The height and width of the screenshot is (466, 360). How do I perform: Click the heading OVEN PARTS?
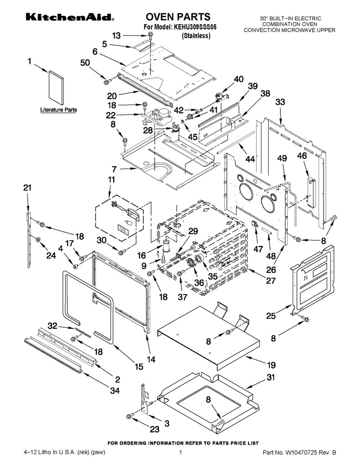pyautogui.click(x=178, y=17)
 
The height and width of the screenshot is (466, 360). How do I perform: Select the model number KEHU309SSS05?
pyautogui.click(x=193, y=27)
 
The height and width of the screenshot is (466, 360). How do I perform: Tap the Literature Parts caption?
pyautogui.click(x=59, y=110)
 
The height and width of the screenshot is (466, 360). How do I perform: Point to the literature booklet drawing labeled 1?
pyautogui.click(x=56, y=88)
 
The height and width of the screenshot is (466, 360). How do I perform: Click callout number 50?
pyautogui.click(x=85, y=63)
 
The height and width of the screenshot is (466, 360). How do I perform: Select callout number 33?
pyautogui.click(x=280, y=102)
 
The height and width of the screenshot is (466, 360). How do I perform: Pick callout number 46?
pyautogui.click(x=302, y=156)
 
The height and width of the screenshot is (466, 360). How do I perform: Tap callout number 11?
pyautogui.click(x=111, y=179)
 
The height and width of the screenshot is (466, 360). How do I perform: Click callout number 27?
pyautogui.click(x=270, y=280)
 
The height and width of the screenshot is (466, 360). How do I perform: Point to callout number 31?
pyautogui.click(x=270, y=377)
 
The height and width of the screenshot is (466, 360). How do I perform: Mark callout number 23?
pyautogui.click(x=155, y=429)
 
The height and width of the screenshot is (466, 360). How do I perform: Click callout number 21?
pyautogui.click(x=27, y=187)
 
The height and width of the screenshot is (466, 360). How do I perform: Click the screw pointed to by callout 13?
pyautogui.click(x=151, y=35)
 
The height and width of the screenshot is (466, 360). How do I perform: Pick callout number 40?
pyautogui.click(x=238, y=79)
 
